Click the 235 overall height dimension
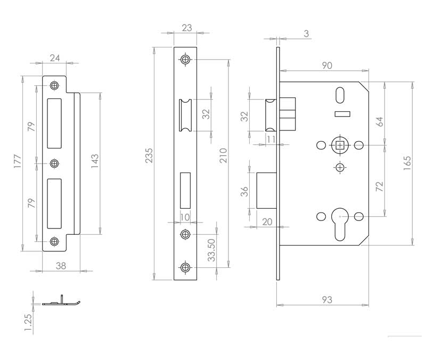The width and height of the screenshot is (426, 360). pyautogui.click(x=149, y=156)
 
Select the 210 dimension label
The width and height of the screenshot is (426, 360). pyautogui.click(x=223, y=156)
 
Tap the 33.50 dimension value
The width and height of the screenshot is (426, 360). pyautogui.click(x=211, y=250)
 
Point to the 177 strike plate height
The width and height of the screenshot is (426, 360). pyautogui.click(x=18, y=161)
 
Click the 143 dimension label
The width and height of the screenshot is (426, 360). pyautogui.click(x=95, y=161)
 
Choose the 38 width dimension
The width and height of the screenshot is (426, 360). pyautogui.click(x=61, y=266)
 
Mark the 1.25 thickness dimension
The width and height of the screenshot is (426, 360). pyautogui.click(x=28, y=323)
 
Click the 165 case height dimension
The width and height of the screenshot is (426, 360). pyautogui.click(x=407, y=163)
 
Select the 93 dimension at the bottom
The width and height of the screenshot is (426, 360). pyautogui.click(x=327, y=300)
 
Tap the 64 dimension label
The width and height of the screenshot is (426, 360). pyautogui.click(x=379, y=122)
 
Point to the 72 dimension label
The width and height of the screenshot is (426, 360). pyautogui.click(x=379, y=186)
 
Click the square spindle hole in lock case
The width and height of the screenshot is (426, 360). pyautogui.click(x=340, y=145)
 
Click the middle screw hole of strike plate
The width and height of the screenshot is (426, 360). pyautogui.click(x=55, y=163)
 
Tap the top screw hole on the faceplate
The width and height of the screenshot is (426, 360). pyautogui.click(x=185, y=60)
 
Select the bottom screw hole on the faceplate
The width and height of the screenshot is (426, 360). pyautogui.click(x=185, y=267)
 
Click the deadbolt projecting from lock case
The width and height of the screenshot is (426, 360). pyautogui.click(x=267, y=191)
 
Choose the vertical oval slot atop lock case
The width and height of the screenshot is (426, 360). pyautogui.click(x=340, y=95)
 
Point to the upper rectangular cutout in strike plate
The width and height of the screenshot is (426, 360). pyautogui.click(x=54, y=124)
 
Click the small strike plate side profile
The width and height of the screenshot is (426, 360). pyautogui.click(x=61, y=301)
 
